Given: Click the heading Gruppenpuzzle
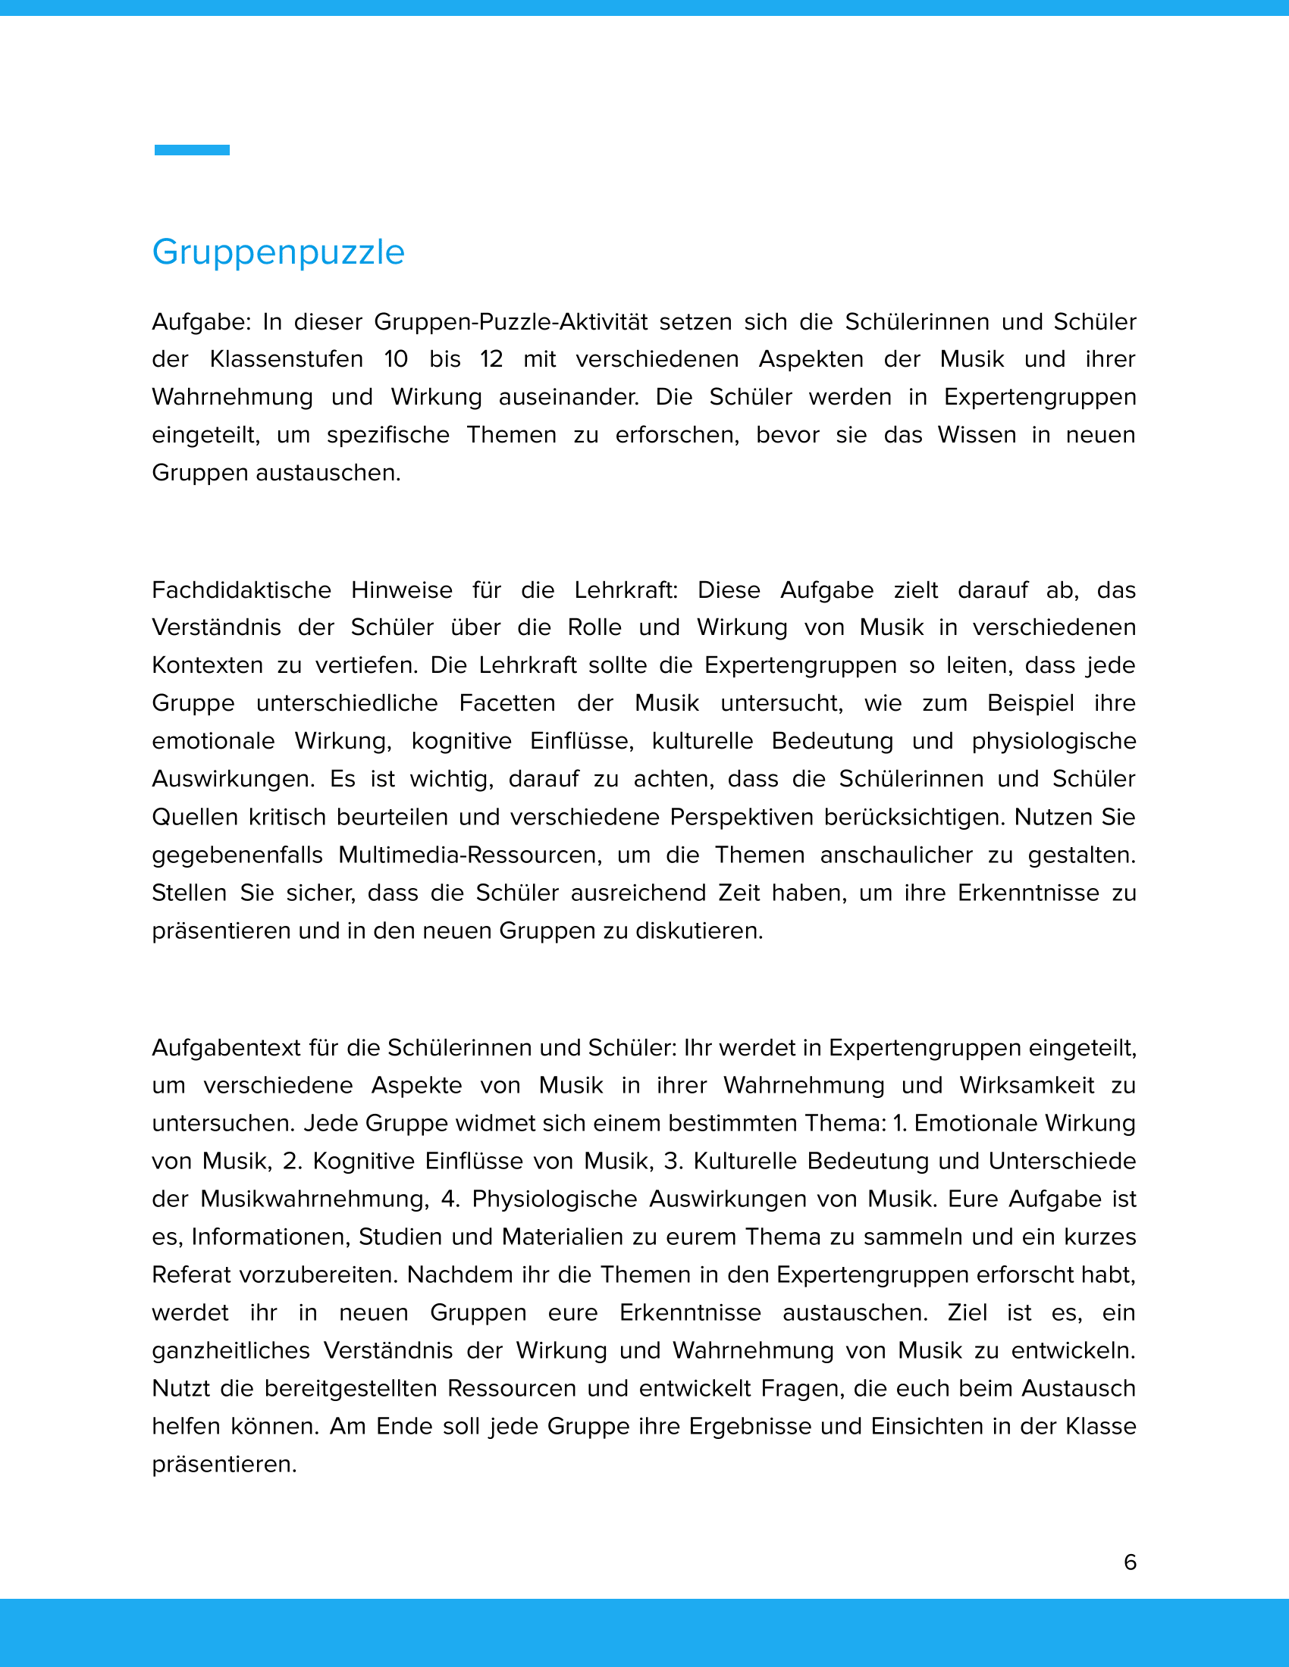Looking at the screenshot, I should pyautogui.click(x=278, y=252).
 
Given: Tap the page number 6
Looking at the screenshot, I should pyautogui.click(x=1131, y=1562).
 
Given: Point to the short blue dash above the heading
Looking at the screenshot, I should pyautogui.click(x=192, y=150).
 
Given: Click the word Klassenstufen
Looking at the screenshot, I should pyautogui.click(x=287, y=359).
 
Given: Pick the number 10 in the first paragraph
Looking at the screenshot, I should pyautogui.click(x=397, y=359).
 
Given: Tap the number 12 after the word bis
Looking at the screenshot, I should pyautogui.click(x=491, y=359).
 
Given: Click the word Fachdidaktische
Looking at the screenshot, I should pyautogui.click(x=241, y=590).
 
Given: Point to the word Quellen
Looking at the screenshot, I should pyautogui.click(x=195, y=818).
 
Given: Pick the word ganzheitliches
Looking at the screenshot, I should pyautogui.click(x=231, y=1350).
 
